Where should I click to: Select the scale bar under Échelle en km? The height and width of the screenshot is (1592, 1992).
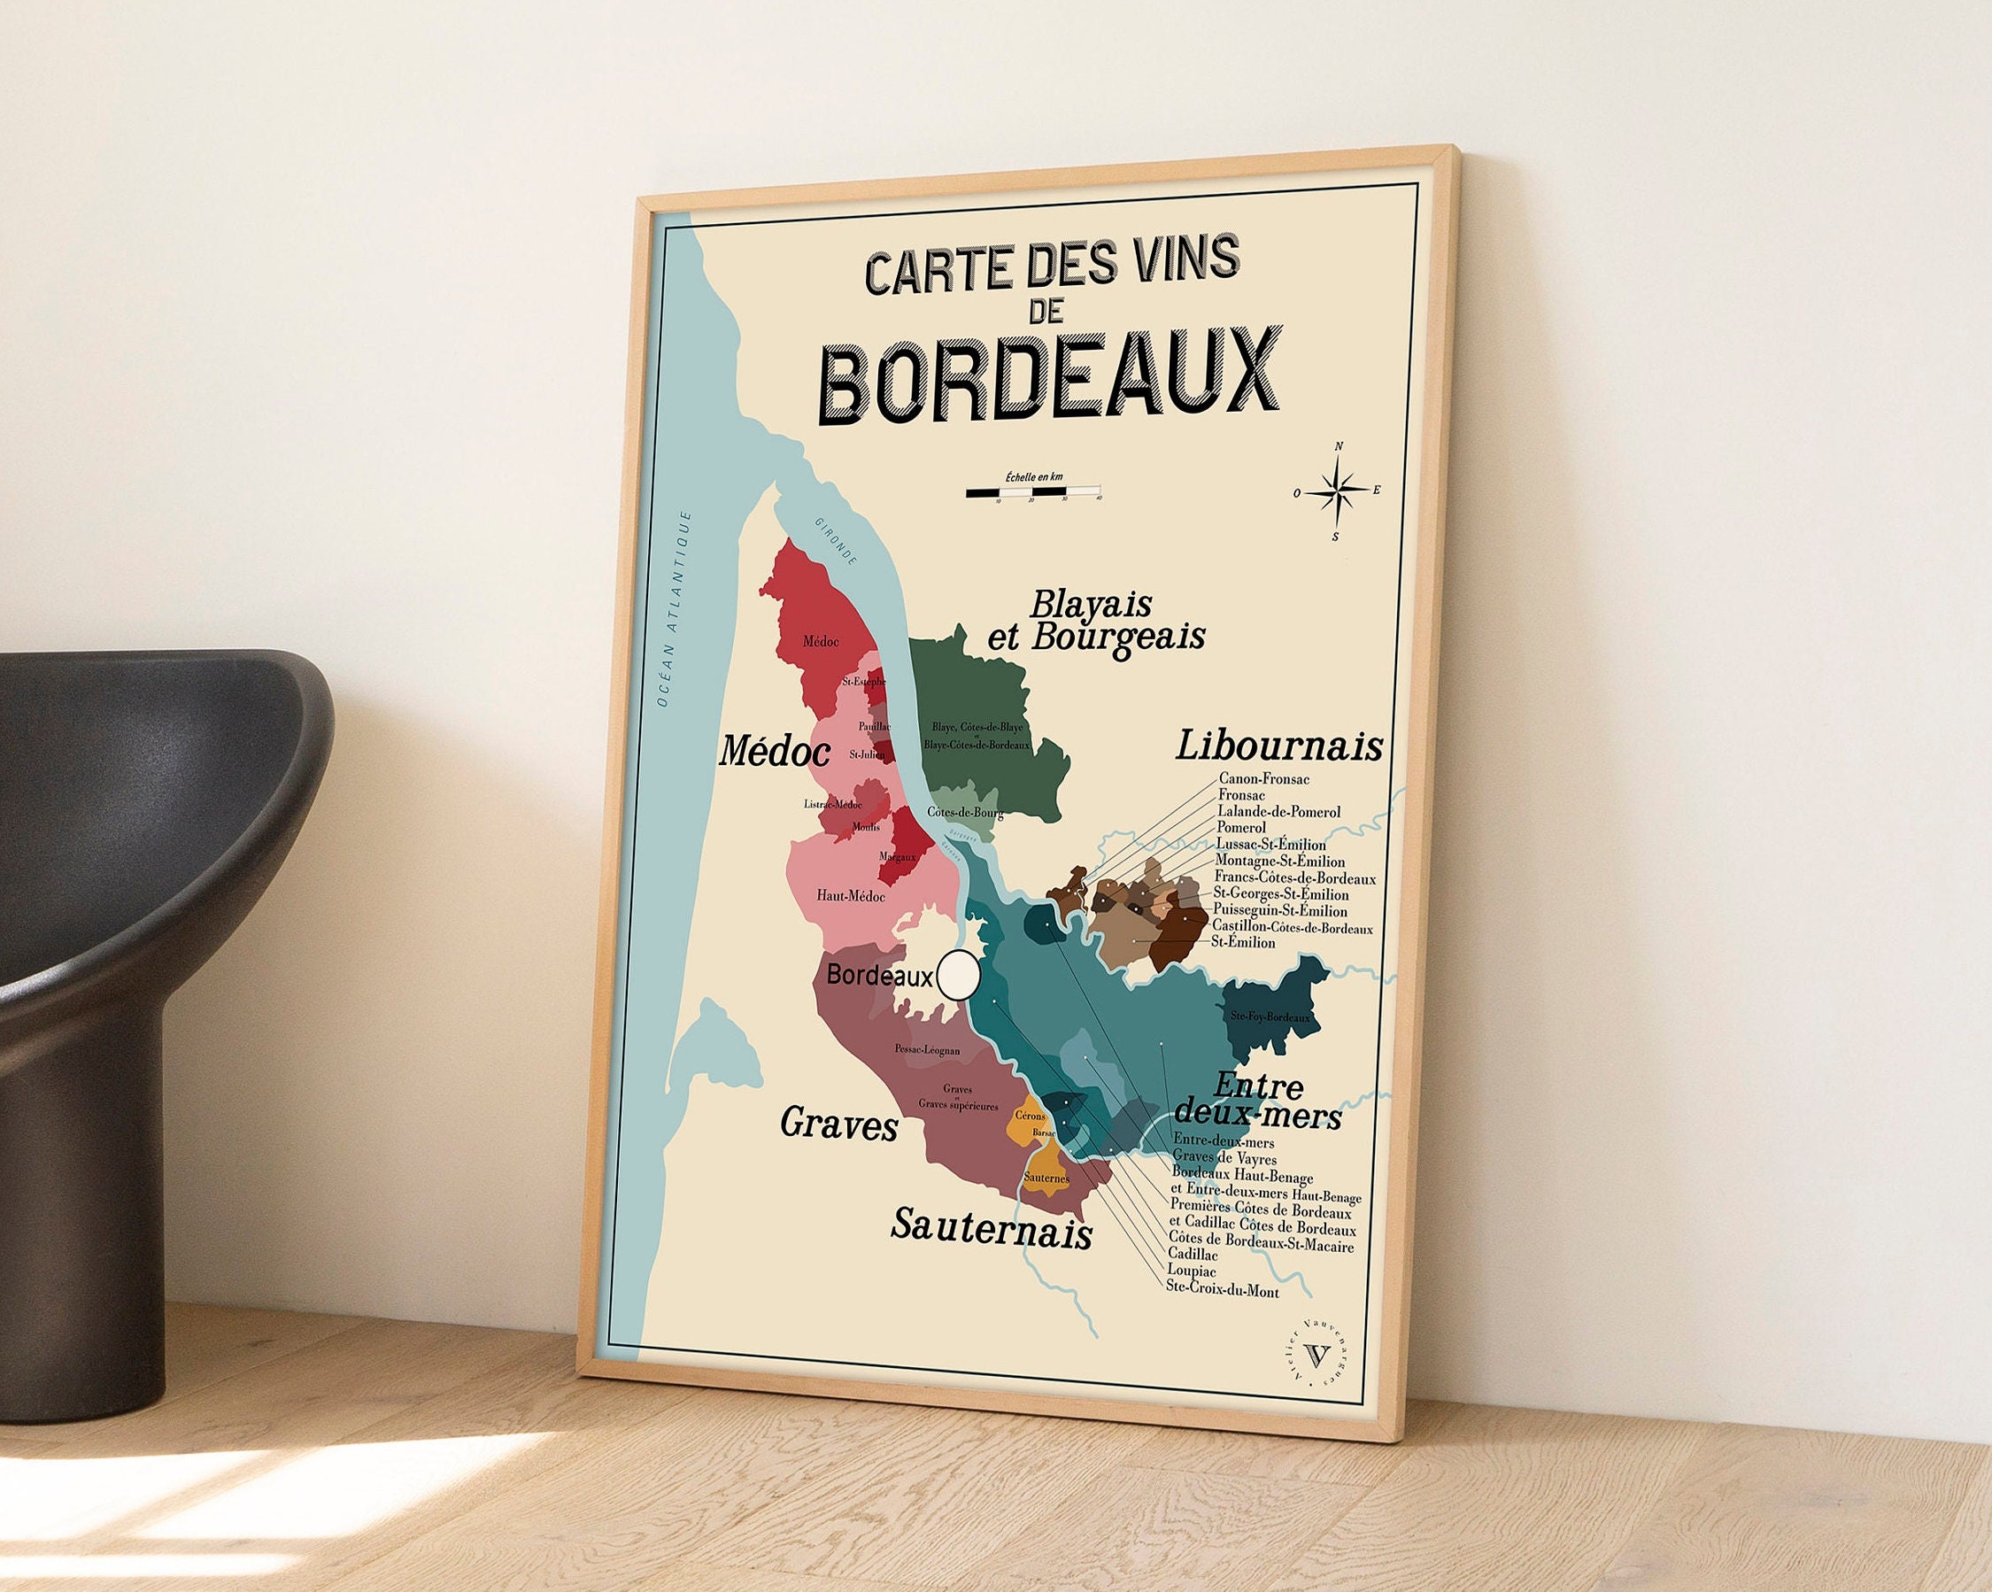[1033, 491]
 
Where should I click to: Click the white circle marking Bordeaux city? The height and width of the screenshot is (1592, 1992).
[958, 975]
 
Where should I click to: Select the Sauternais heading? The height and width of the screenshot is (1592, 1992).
[992, 1228]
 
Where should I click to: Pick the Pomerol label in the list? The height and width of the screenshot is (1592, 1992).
[1241, 827]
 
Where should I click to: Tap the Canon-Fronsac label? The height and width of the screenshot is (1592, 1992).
[1263, 779]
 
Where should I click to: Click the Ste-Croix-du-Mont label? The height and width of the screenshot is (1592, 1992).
[1223, 1291]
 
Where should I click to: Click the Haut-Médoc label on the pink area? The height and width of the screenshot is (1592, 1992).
[850, 896]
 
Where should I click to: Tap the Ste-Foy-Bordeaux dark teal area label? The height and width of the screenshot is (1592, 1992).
[1270, 1017]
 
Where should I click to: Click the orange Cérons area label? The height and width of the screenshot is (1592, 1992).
[1031, 1117]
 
